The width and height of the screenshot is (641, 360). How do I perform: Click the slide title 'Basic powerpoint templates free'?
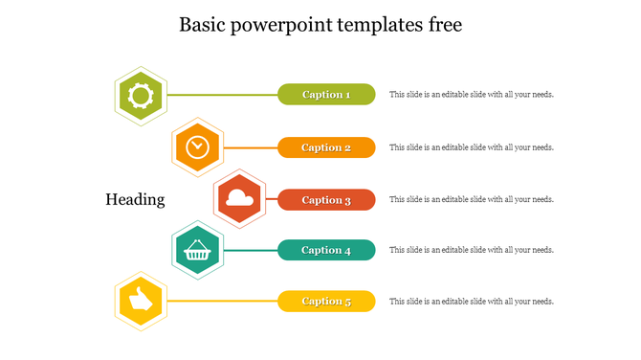320,25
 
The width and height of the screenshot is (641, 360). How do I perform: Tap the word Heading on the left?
135,199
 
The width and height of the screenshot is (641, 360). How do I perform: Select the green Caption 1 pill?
326,94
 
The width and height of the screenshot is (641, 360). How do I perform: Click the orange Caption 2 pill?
326,147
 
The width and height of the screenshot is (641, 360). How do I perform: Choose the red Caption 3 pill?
326,200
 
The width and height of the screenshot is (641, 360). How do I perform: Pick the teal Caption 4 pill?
326,250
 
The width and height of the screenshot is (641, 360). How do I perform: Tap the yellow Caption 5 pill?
326,302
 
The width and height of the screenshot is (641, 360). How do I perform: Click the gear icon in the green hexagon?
141,95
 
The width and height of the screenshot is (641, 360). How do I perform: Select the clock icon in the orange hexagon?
197,147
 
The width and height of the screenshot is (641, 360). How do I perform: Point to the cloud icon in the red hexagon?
239,200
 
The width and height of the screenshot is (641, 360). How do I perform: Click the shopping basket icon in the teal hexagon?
197,251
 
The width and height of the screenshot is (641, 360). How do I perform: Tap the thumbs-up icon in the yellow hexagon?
141,302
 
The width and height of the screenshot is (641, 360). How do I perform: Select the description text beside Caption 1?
472,95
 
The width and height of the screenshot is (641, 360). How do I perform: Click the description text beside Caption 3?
472,200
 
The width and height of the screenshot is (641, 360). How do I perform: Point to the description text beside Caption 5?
472,302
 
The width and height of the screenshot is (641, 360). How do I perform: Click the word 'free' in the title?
445,25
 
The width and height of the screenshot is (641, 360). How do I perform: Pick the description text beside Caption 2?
472,147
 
